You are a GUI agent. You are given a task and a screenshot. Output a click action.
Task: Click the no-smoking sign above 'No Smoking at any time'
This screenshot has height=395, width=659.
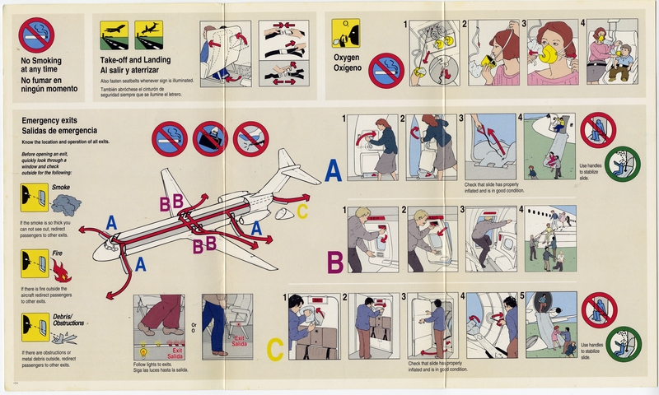coord(35,35)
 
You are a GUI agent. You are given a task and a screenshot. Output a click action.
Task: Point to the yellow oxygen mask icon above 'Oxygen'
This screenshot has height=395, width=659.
coord(345,34)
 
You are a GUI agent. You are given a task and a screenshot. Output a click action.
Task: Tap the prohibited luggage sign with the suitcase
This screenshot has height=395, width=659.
coord(210,138)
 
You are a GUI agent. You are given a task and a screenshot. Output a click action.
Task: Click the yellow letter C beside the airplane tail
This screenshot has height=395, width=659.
coord(302,211)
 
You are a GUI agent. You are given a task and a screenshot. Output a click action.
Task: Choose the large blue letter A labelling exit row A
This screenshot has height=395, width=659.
coord(332,170)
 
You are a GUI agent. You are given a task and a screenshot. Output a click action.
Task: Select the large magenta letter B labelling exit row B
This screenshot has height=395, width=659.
coord(335,263)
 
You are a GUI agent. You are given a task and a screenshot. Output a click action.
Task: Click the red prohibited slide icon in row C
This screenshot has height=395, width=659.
coord(599,310)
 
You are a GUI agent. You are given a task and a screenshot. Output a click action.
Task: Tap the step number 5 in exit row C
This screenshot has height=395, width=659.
coord(522,297)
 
